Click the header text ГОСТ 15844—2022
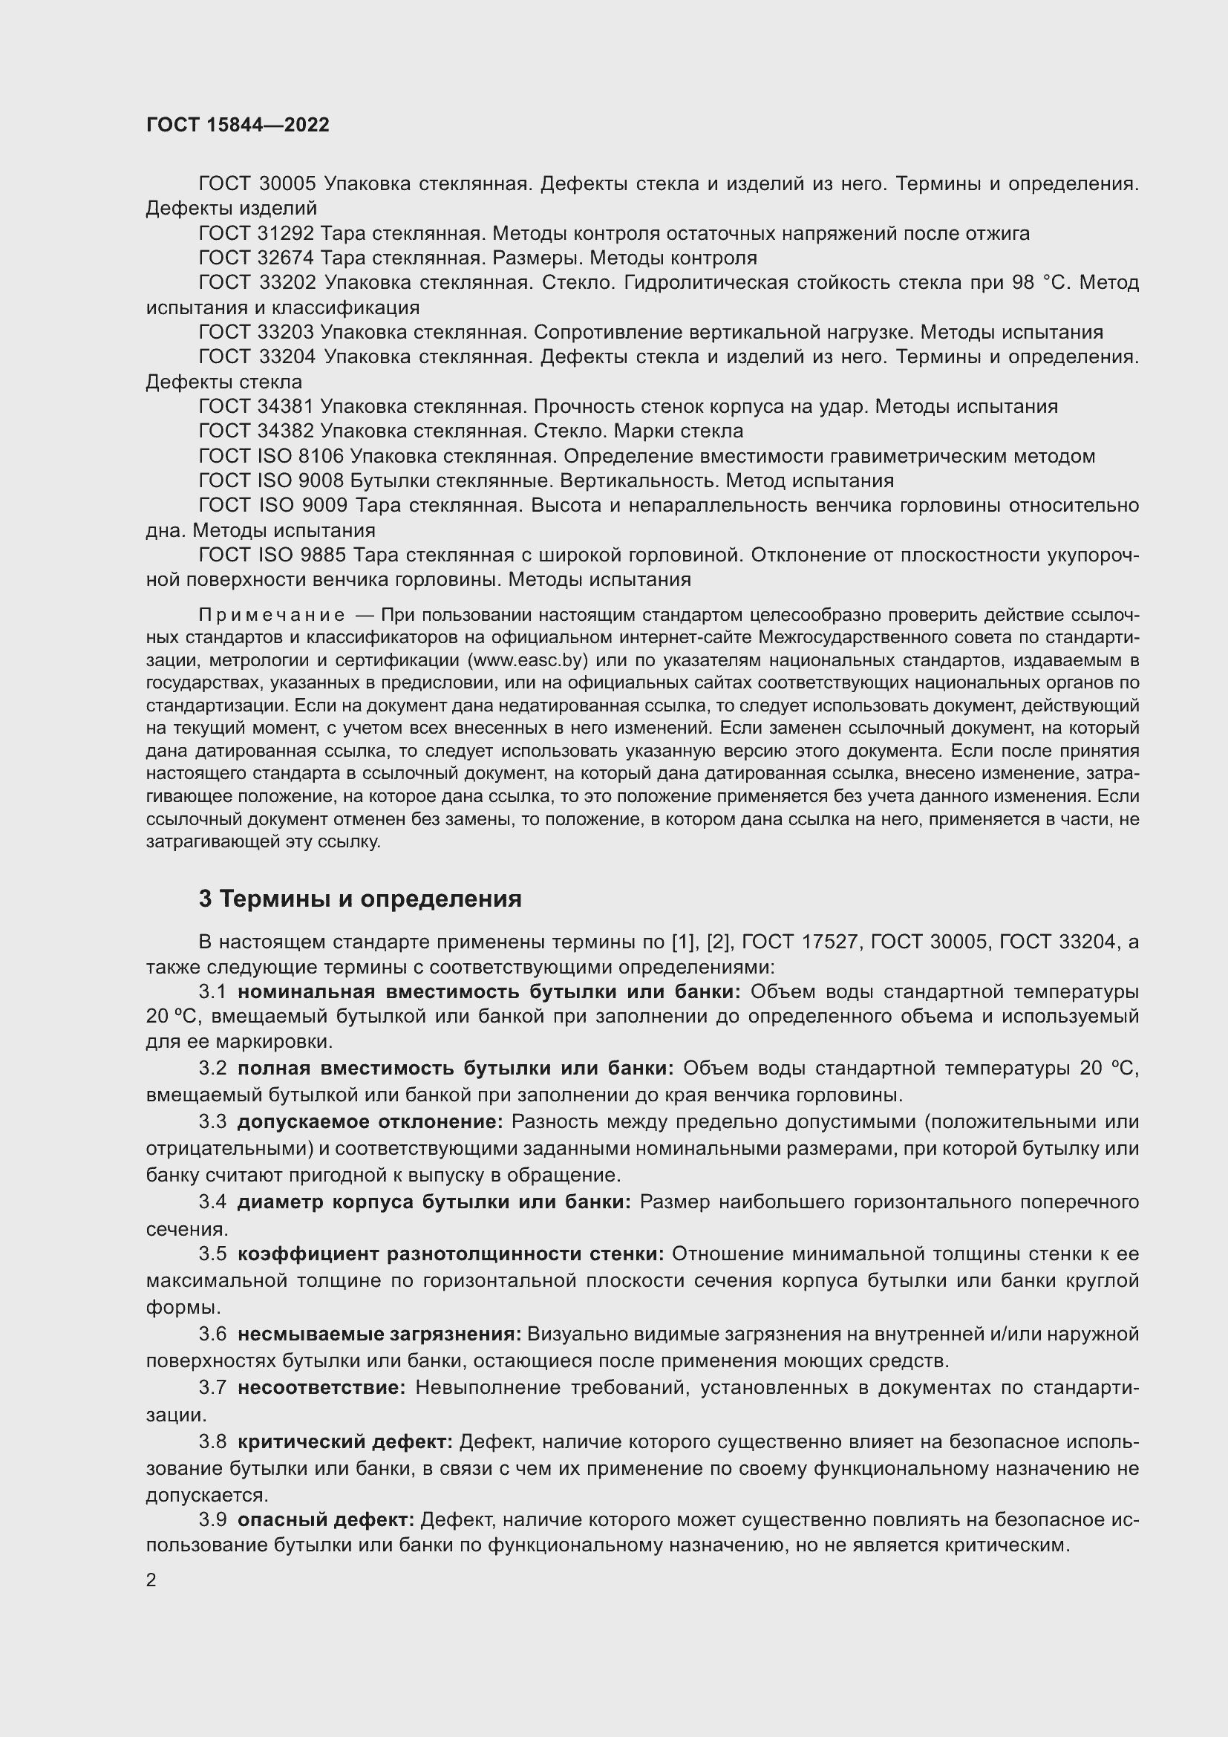(238, 125)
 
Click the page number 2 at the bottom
(151, 1580)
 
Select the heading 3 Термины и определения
(360, 899)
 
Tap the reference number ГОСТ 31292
(257, 234)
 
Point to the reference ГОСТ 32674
(257, 258)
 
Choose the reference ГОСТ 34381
(257, 407)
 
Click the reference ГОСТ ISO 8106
(271, 456)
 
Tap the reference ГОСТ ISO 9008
(271, 481)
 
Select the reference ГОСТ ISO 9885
(271, 555)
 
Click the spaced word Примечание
(272, 614)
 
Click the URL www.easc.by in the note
(529, 659)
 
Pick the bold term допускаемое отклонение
(370, 1122)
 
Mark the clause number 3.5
(212, 1254)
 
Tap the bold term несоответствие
(321, 1387)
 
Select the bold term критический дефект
(344, 1442)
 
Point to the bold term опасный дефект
(326, 1520)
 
